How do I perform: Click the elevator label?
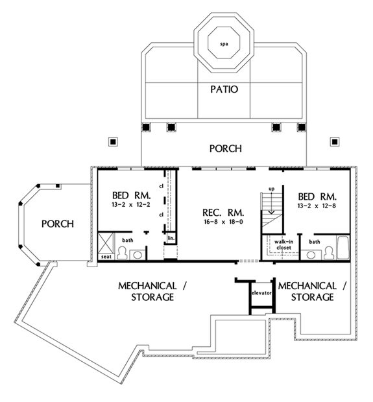tap(260, 291)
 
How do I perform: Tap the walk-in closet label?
tap(281, 244)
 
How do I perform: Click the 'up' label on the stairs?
tap(264, 190)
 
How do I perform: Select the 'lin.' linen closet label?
tap(171, 239)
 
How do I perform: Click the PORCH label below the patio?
tap(225, 148)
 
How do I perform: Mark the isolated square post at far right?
tap(335, 140)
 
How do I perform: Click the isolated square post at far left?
tap(113, 140)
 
